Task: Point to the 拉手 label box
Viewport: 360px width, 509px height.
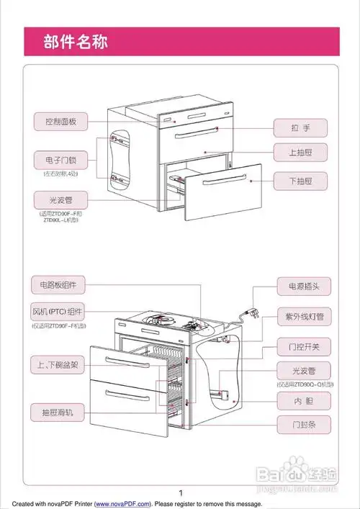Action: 300,127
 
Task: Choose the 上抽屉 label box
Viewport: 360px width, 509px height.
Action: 300,153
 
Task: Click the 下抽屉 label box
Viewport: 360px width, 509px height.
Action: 300,179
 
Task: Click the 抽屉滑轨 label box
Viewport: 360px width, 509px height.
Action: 58,413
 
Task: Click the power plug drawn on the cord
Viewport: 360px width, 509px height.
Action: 254,314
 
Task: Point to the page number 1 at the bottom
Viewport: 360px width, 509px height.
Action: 180,492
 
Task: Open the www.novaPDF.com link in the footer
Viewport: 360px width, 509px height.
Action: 122,504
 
